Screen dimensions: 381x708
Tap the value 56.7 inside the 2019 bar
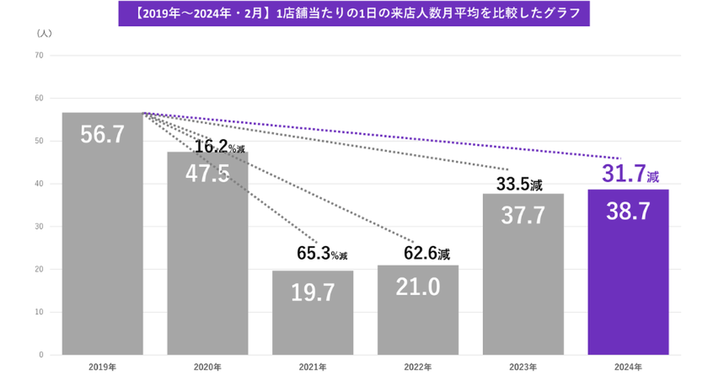(102, 135)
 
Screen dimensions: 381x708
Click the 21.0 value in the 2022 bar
(417, 287)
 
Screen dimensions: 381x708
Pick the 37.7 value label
(523, 215)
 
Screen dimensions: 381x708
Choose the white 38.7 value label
(628, 211)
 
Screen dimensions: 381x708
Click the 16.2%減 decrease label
(219, 147)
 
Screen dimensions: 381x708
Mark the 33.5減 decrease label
(519, 185)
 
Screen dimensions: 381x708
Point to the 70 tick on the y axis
(39, 56)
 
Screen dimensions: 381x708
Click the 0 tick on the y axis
(41, 355)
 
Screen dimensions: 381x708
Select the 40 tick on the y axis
(39, 184)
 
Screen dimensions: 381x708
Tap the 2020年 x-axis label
(207, 367)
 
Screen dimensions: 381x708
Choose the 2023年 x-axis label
(523, 367)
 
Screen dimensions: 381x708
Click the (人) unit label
(44, 33)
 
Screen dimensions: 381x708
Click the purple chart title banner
(354, 14)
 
